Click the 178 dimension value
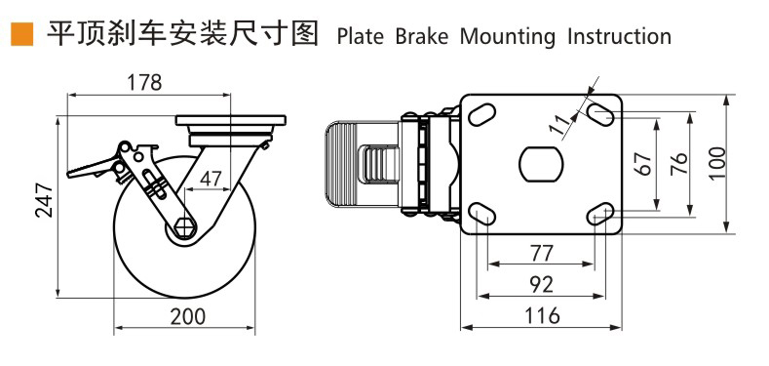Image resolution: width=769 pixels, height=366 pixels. (145, 83)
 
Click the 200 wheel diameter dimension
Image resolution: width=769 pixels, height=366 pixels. (185, 315)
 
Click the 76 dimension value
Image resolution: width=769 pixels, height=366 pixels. (680, 162)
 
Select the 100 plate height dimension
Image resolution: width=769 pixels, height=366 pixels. (716, 162)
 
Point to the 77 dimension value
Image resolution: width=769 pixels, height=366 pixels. (541, 253)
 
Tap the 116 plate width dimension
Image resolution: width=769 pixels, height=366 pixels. (541, 315)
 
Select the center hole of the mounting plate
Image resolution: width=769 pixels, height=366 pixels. (541, 162)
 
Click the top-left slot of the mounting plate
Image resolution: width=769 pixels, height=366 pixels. (481, 114)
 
